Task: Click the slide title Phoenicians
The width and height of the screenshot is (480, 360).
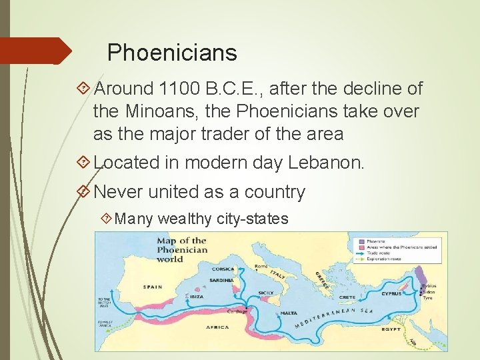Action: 172,52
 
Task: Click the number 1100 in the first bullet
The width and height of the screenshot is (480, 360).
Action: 181,89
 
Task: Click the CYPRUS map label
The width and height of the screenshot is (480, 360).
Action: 392,293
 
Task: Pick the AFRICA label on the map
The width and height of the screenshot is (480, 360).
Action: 217,327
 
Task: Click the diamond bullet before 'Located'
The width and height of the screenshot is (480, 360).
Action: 83,162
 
